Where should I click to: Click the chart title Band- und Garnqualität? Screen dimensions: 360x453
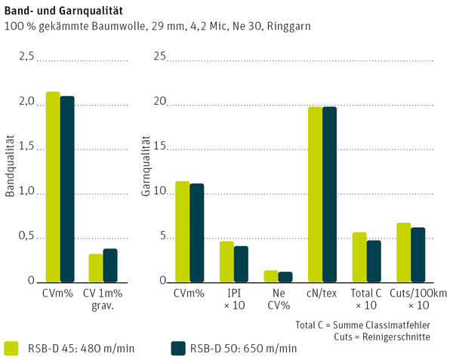[65, 12]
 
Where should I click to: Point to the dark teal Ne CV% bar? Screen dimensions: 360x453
[285, 276]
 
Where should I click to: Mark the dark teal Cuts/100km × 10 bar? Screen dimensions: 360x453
[418, 254]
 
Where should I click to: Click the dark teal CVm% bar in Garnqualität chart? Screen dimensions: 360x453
[197, 232]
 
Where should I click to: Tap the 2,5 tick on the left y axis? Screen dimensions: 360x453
[26, 57]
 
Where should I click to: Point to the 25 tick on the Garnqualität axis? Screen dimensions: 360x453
[159, 57]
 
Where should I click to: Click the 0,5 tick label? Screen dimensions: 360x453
[26, 237]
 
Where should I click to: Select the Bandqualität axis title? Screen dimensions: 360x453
[10, 167]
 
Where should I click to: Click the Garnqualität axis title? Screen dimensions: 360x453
[146, 167]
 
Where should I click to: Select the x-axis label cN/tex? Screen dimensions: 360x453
[322, 293]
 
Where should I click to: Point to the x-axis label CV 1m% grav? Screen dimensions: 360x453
[103, 299]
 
